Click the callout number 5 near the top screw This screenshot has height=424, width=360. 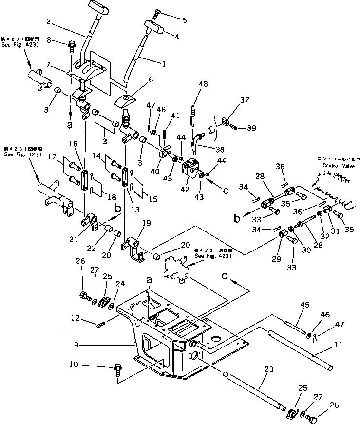click(x=185, y=20)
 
